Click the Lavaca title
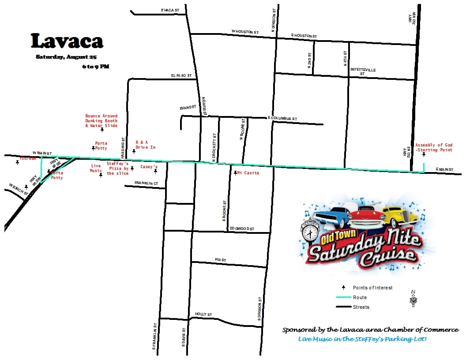click(x=67, y=41)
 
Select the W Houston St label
click(x=245, y=32)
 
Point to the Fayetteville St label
click(x=363, y=71)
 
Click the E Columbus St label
click(x=282, y=119)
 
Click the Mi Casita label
click(x=248, y=173)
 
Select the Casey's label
click(x=149, y=167)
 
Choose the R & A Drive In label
click(x=145, y=145)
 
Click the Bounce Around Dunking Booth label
click(x=101, y=121)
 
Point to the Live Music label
click(x=96, y=168)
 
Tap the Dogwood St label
click(x=242, y=229)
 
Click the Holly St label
click(x=203, y=315)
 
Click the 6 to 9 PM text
click(x=95, y=67)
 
